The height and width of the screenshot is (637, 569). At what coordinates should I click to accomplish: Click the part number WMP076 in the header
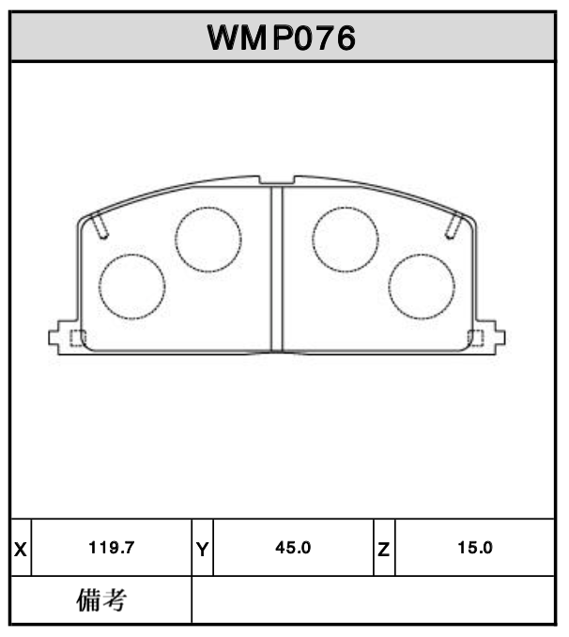tap(281, 38)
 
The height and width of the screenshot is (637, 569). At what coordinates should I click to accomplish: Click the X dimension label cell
tap(21, 548)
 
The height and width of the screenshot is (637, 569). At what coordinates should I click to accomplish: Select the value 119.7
tap(113, 548)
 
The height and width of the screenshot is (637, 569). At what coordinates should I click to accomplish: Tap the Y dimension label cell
tap(203, 548)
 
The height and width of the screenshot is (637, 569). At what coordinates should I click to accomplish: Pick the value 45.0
tap(293, 548)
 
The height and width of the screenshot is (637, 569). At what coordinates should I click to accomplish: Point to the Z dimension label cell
tap(384, 548)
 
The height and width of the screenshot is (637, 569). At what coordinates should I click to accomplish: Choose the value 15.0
tap(474, 548)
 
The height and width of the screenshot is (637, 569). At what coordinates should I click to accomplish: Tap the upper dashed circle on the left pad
tap(208, 239)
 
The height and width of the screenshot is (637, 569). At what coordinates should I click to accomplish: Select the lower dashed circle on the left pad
tap(132, 286)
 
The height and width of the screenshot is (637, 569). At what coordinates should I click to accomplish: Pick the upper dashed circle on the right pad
tap(345, 239)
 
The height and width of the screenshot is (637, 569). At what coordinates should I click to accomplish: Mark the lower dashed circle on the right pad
tap(422, 286)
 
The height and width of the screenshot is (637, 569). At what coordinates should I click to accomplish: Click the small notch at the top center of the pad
tap(276, 179)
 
